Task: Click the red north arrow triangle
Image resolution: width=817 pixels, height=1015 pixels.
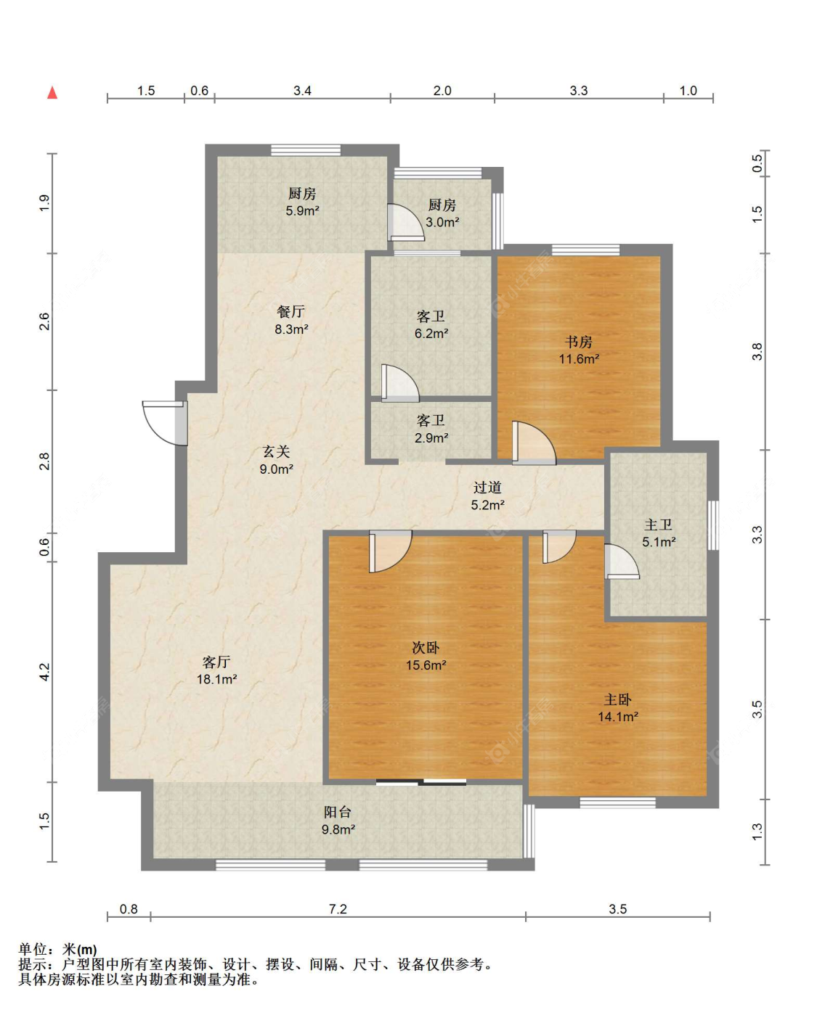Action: [x=52, y=92]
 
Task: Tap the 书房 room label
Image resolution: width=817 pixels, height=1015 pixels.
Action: [x=579, y=342]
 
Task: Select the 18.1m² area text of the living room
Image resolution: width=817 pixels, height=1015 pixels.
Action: [x=216, y=679]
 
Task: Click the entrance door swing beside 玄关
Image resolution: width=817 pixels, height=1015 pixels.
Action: [x=165, y=422]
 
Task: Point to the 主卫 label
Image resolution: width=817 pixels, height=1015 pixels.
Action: [x=658, y=525]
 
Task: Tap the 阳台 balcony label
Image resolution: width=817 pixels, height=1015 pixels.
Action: [x=338, y=812]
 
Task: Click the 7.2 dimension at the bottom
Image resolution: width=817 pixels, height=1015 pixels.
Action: [x=338, y=909]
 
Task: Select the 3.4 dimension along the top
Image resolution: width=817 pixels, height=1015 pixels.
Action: [x=302, y=91]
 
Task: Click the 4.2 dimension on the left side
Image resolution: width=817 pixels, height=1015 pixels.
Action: [x=44, y=672]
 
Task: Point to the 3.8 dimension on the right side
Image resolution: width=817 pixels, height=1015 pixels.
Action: [x=757, y=351]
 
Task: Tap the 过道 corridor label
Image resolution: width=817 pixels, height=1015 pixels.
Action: [x=487, y=488]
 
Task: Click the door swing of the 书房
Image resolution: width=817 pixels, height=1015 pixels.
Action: [x=534, y=443]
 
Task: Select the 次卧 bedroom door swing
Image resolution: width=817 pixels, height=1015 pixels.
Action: [x=391, y=551]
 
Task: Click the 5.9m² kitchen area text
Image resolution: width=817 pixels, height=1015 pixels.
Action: [x=302, y=210]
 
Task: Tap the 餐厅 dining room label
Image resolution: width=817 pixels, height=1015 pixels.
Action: [x=290, y=311]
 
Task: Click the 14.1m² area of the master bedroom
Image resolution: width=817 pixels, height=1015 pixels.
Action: [x=618, y=716]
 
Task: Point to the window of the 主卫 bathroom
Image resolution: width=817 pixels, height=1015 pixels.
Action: [x=713, y=525]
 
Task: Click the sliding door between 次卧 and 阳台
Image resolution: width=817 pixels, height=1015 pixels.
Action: [x=421, y=782]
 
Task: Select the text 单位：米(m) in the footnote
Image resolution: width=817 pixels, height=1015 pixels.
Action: [x=57, y=950]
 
